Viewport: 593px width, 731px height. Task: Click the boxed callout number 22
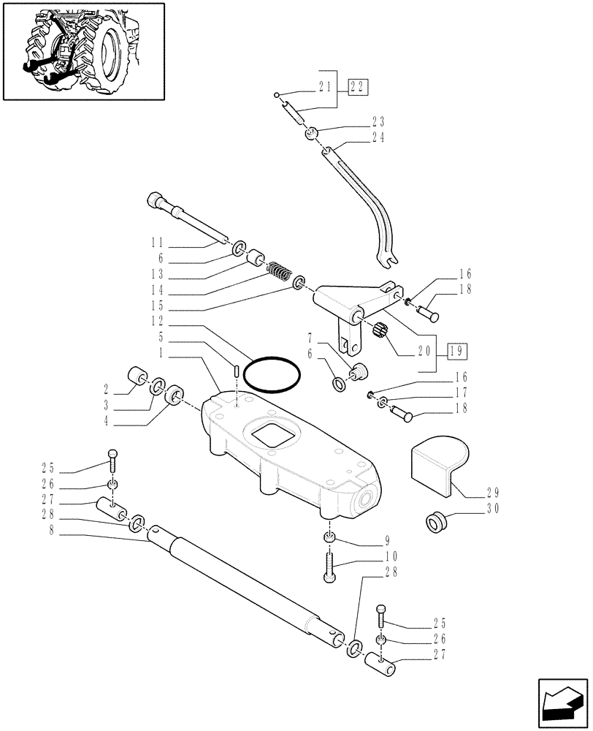click(x=358, y=87)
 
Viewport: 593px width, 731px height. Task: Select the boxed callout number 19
click(x=456, y=351)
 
